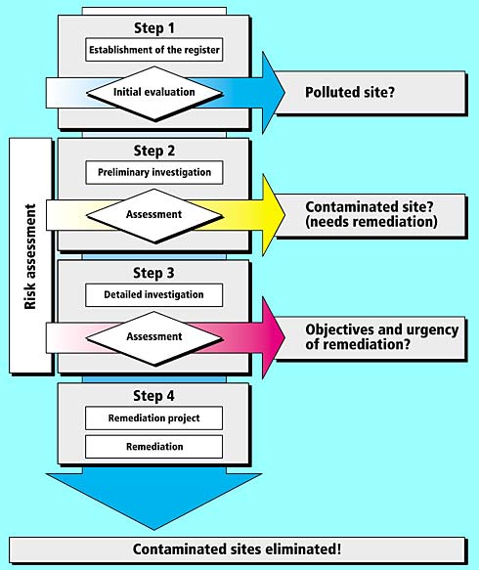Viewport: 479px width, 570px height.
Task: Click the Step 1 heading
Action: [154, 28]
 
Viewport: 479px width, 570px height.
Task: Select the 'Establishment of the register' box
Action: [154, 50]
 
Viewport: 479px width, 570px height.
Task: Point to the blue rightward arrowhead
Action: [274, 92]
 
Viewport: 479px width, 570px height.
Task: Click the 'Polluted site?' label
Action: [350, 92]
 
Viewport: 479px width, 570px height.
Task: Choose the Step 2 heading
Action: [154, 151]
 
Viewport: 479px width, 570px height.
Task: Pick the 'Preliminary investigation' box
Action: [154, 172]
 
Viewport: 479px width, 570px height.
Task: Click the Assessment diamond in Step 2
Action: [154, 215]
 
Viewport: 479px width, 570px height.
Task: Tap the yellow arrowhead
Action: [274, 215]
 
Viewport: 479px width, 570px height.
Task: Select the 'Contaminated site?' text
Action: [370, 207]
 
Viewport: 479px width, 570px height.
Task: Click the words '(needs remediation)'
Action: [371, 222]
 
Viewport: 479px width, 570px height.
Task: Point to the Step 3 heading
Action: [153, 273]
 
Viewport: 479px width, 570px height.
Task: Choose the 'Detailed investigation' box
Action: [154, 295]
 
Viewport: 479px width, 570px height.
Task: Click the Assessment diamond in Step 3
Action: [154, 337]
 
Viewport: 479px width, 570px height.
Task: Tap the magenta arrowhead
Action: [274, 337]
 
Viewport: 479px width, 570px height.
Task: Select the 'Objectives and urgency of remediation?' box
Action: [370, 338]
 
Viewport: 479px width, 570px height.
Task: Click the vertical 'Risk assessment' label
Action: [30, 256]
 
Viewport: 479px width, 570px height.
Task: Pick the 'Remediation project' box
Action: [154, 418]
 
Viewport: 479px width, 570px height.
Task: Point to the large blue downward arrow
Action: [154, 497]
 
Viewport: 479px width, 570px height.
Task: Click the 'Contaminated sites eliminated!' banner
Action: [237, 549]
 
